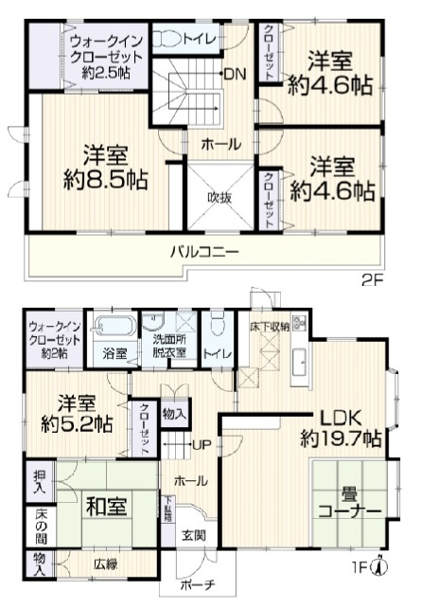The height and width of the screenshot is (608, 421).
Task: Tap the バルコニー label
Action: pyautogui.click(x=204, y=252)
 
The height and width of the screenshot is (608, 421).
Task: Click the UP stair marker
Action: pyautogui.click(x=201, y=444)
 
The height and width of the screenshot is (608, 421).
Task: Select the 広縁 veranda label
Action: pyautogui.click(x=104, y=564)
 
